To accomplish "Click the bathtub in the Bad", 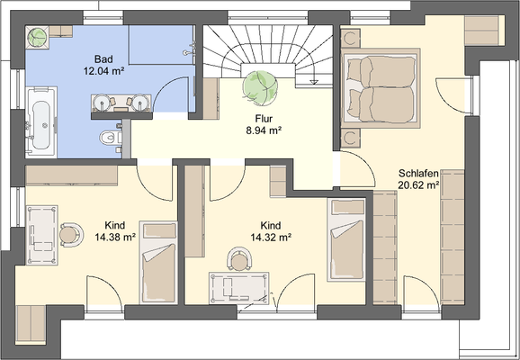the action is point(41,121).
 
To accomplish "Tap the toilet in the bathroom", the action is point(111,137).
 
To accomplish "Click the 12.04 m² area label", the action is point(103,71).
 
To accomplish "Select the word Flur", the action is point(264,119).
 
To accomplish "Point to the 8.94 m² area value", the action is point(264,130).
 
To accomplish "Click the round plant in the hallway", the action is point(260,87).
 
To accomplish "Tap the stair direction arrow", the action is point(313,83).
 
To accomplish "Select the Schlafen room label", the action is point(418,173).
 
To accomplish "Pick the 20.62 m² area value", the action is point(418,185).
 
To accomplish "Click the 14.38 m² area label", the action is point(115,238).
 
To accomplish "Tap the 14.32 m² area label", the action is point(271,238).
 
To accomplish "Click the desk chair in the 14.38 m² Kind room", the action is point(70,235).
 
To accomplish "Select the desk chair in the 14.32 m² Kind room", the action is point(239,259).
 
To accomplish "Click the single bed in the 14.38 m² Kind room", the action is point(158,262).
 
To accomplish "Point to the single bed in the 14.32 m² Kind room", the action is point(346,239).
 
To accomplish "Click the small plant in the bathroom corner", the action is point(37,37).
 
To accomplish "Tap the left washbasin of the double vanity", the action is point(103,103).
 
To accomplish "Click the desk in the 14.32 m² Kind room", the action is point(238,288).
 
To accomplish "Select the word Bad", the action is point(103,59).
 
